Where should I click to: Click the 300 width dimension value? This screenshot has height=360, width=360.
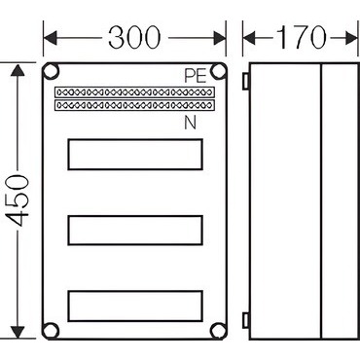[134, 37]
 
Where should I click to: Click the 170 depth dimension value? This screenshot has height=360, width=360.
[301, 37]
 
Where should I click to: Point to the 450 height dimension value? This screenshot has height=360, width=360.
[18, 200]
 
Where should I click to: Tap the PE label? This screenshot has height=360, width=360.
[196, 76]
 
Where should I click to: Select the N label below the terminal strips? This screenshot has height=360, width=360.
[191, 123]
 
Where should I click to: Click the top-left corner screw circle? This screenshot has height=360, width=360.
[51, 71]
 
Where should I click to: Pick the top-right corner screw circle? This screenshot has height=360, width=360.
[218, 71]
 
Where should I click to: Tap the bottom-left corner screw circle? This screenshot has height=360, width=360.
[51, 331]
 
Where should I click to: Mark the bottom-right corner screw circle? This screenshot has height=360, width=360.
[218, 331]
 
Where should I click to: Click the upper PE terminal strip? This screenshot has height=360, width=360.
[134, 92]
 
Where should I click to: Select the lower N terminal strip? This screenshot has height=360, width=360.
[134, 105]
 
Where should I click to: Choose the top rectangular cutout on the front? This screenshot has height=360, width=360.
[135, 155]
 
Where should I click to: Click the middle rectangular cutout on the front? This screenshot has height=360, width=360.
[135, 230]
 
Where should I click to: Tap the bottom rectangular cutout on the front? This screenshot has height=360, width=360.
[135, 306]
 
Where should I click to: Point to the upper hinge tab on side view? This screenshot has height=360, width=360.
[245, 81]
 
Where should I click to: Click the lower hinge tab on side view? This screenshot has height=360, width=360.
[245, 320]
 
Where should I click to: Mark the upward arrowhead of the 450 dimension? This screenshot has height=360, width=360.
[18, 70]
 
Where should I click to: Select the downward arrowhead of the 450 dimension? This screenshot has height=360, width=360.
[18, 332]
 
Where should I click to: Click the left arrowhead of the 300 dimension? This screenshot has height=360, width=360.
[50, 38]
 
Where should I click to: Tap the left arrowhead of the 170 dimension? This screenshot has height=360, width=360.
[249, 38]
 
